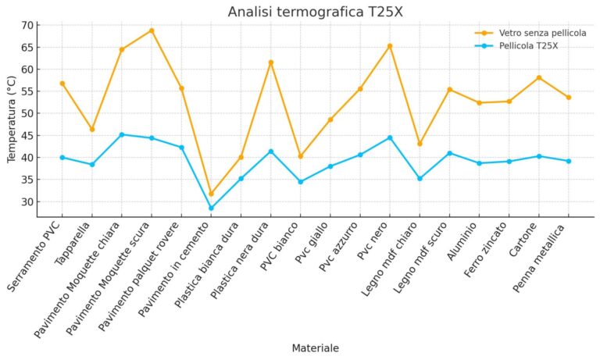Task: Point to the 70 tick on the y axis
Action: tap(27, 25)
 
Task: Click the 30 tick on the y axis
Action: tap(27, 201)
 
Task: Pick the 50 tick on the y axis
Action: tap(27, 113)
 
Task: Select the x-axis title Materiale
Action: tap(315, 348)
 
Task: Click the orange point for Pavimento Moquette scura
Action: tap(152, 30)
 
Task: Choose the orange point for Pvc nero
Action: tap(390, 46)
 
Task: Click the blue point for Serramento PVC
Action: tap(62, 157)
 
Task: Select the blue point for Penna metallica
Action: tap(569, 161)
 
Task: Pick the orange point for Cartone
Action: tap(539, 77)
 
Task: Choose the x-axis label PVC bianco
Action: tap(285, 250)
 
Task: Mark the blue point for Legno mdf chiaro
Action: tap(420, 178)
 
